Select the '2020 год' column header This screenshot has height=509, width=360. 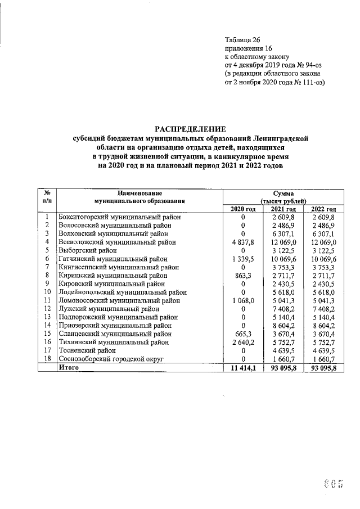(244, 209)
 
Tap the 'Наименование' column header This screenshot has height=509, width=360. (140, 193)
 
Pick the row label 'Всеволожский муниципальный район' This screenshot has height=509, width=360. (117, 242)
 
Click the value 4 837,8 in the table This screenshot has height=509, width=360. (244, 242)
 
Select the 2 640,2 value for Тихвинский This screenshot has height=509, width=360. (244, 341)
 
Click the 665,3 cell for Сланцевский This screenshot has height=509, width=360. (244, 333)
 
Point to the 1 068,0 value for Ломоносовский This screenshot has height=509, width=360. (244, 300)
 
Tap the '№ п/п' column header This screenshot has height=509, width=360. (48, 197)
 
